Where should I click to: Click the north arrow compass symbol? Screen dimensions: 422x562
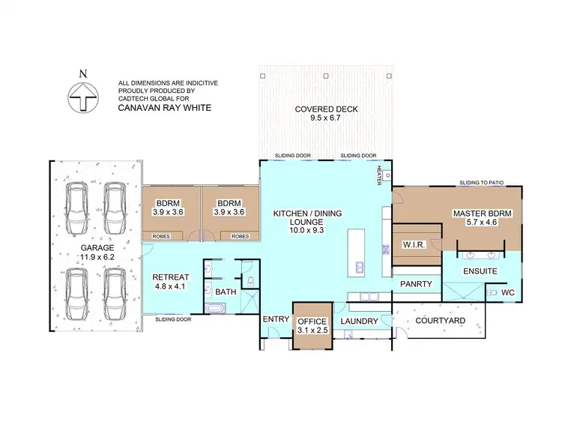tap(84, 94)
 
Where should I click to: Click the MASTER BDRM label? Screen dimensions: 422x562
tap(482, 218)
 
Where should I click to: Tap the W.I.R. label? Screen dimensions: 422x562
tap(414, 244)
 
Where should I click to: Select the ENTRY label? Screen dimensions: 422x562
tap(275, 319)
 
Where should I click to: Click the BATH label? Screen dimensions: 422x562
tap(225, 291)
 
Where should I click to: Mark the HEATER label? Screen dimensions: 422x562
tap(380, 173)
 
